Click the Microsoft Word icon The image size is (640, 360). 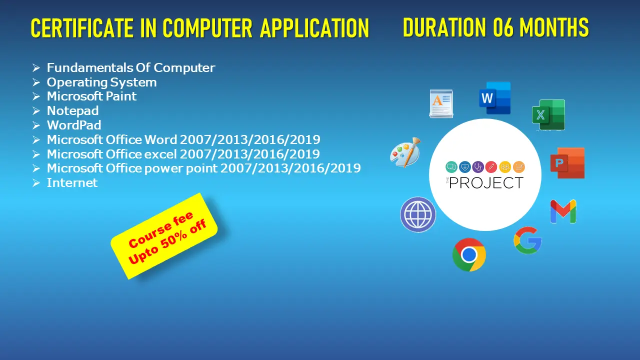coord(495,98)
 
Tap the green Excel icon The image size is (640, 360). coord(548,115)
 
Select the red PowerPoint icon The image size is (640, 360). coord(567,163)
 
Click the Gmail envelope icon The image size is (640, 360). coord(563,211)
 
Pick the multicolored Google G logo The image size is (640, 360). coord(527,240)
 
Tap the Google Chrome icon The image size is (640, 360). coord(469,254)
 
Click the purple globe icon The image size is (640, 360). coord(418,214)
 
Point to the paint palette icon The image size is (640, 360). coord(405,152)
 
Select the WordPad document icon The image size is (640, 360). coord(441,103)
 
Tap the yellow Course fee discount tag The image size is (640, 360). coord(164,236)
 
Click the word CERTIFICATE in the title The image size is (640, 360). coord(82,28)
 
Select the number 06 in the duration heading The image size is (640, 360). coord(503,27)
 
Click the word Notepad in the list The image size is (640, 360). coord(72,111)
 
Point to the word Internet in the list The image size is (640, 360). coord(72,183)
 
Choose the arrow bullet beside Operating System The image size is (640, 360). coord(36,82)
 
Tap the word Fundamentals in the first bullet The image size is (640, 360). coord(89,67)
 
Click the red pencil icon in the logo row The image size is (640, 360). coord(491,167)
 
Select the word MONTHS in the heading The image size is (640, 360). coord(554,27)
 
